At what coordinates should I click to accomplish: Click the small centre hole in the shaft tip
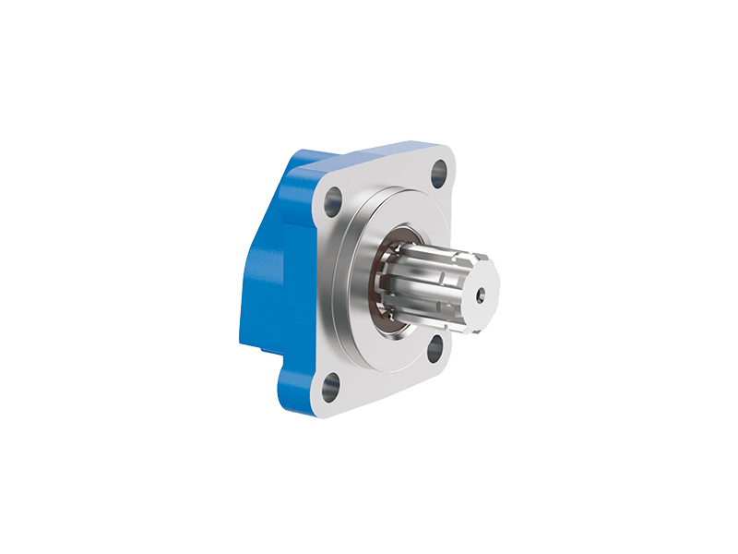pos(481,297)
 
